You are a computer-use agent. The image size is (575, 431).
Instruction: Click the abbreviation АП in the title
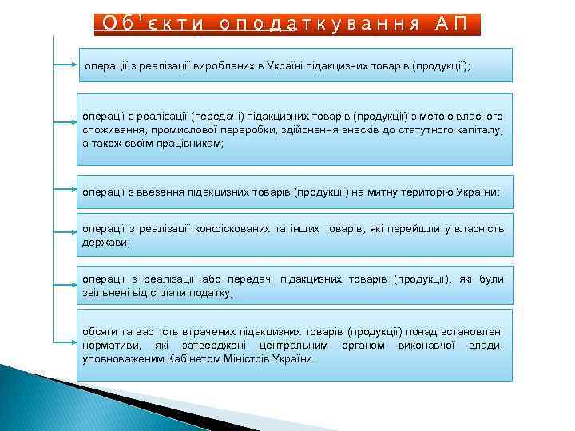454,22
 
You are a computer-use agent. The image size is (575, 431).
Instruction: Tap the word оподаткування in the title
319,22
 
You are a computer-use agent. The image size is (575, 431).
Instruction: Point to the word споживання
109,132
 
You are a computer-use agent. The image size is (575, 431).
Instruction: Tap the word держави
104,241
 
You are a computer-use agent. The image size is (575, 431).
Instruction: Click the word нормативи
109,345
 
